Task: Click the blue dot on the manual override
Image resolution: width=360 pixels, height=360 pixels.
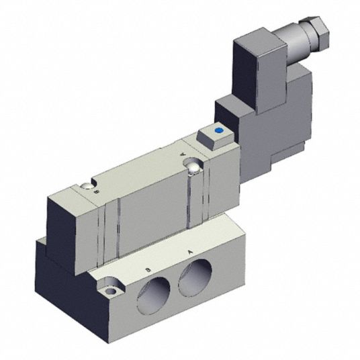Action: tap(218, 130)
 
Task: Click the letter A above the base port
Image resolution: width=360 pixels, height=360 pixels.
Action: tap(190, 253)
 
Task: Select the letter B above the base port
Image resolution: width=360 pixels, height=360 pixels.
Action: tap(148, 270)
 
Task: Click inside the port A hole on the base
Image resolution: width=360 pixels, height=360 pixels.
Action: tap(195, 277)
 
